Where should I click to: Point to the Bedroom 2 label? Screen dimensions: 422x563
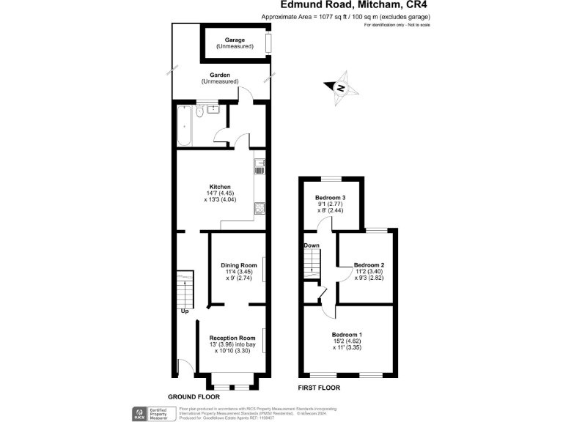[x=369, y=264]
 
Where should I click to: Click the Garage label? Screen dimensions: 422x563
[x=235, y=40]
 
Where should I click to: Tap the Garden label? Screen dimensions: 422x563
[x=220, y=75]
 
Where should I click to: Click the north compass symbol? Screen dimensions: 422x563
[x=340, y=88]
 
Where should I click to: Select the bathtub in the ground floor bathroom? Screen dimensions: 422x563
[x=183, y=126]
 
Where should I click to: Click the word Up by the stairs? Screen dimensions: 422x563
[x=184, y=311]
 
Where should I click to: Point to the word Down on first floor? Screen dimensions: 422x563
[x=311, y=245]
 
